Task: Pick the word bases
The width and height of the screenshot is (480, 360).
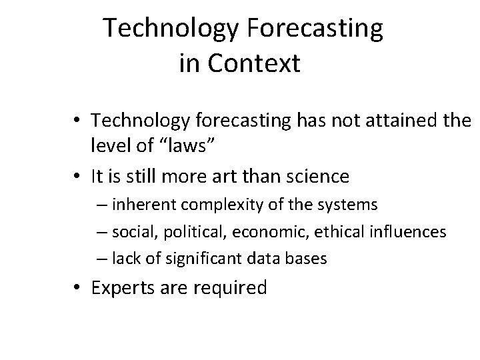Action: pos(309,258)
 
